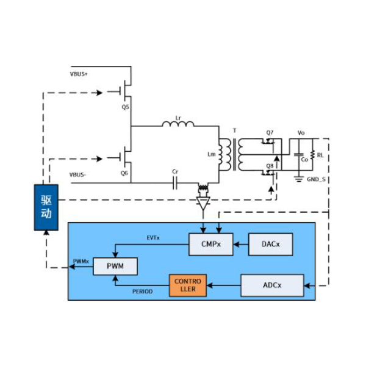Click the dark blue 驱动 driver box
point(46,207)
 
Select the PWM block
point(115,266)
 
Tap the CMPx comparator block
point(210,244)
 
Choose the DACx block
point(270,244)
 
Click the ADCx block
point(272,285)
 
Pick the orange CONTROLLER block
point(187,285)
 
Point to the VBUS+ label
point(79,74)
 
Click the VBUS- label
point(78,174)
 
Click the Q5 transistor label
point(125,107)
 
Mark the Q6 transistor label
point(124,173)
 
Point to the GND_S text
point(317,179)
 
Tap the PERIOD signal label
point(143,292)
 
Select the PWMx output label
point(81,261)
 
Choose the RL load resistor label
point(320,156)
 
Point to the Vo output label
point(301,133)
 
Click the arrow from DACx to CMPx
point(240,244)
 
